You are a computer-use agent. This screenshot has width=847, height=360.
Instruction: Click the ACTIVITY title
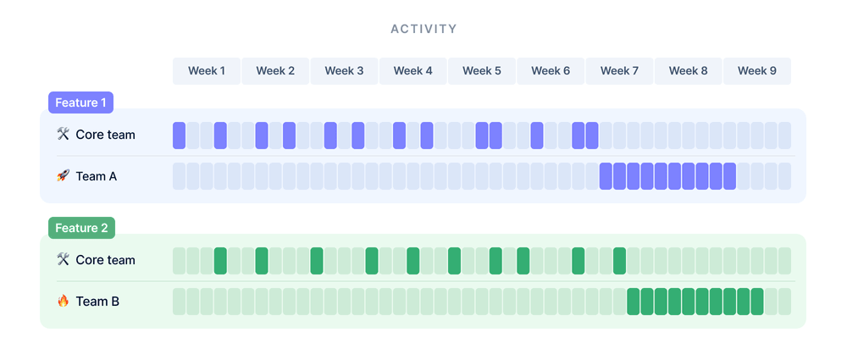click(x=423, y=29)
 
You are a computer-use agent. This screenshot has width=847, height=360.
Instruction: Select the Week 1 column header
click(x=207, y=71)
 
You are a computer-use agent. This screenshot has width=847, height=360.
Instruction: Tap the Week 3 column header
click(x=344, y=71)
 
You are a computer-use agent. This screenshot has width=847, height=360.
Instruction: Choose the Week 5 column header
click(x=482, y=71)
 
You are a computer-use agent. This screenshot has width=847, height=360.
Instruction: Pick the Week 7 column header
click(x=619, y=71)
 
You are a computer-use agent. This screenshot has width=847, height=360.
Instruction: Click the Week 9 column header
click(x=756, y=71)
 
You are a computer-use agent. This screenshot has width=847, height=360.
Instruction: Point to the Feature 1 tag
click(x=80, y=102)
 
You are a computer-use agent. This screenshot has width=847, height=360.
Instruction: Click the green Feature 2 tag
click(x=81, y=228)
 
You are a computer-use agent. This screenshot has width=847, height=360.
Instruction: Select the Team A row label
click(x=97, y=176)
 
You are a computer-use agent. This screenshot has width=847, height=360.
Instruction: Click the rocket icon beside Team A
click(x=63, y=176)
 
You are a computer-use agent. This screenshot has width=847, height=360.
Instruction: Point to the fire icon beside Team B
click(x=63, y=301)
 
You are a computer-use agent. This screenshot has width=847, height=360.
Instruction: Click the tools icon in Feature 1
click(x=63, y=135)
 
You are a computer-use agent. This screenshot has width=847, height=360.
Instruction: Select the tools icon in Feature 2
click(x=63, y=260)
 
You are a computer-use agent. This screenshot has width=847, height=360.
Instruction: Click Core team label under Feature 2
click(x=105, y=260)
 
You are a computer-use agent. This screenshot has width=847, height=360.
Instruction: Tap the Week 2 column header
click(x=275, y=71)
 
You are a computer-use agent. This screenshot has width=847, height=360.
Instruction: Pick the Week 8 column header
click(x=688, y=71)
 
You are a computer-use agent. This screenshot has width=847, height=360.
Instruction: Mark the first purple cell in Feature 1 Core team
click(x=179, y=136)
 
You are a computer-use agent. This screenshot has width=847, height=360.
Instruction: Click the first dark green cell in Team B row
click(x=634, y=302)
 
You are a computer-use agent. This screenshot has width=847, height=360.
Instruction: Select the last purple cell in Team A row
click(x=729, y=176)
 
